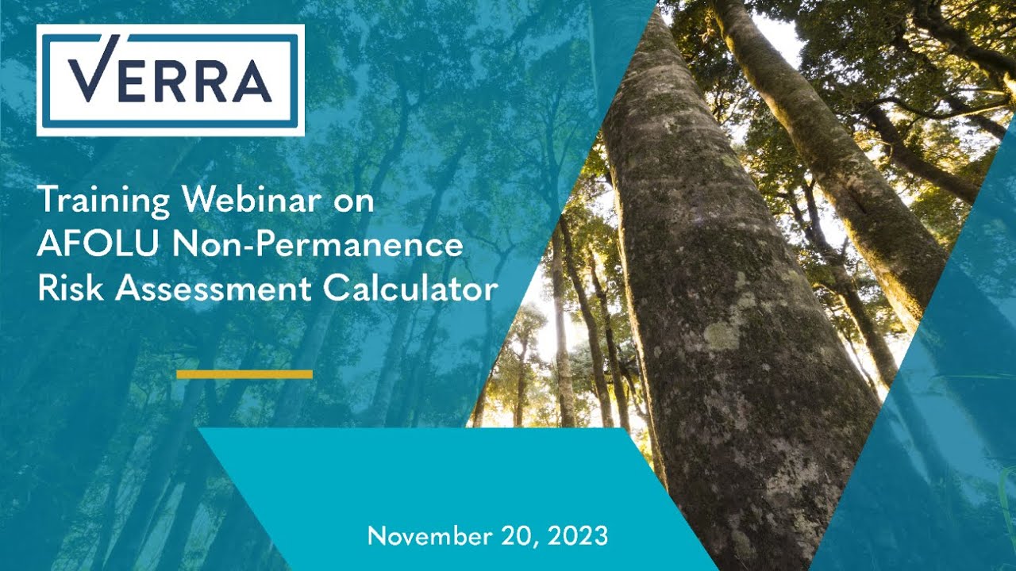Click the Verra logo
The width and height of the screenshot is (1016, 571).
point(170,79)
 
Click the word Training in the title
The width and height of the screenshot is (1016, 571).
point(104,201)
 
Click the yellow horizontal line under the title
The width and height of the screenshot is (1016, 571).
point(244,374)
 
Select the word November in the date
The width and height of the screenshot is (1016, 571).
point(427,536)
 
